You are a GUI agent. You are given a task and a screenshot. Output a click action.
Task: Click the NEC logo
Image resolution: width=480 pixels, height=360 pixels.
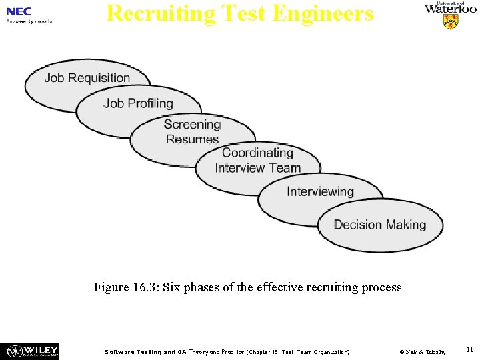coord(19,11)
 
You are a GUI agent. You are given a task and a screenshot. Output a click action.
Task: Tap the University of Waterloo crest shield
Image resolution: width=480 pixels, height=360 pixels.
coord(451,22)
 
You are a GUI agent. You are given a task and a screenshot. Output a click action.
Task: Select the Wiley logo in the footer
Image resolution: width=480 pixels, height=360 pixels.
coord(33,351)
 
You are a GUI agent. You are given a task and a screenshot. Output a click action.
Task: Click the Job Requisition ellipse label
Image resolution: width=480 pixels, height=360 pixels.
coord(87,78)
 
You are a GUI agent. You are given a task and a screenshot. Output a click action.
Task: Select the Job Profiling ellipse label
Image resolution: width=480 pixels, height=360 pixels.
coord(138,103)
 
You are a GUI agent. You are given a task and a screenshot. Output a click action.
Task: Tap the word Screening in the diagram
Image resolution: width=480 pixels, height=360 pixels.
coord(192,125)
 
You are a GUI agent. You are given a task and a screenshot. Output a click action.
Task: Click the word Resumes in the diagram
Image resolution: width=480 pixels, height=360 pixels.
coord(192,139)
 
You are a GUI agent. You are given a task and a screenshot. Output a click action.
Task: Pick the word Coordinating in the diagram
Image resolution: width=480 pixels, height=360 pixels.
coord(257,153)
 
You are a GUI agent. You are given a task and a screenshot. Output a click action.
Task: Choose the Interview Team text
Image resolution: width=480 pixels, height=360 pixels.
coord(257,168)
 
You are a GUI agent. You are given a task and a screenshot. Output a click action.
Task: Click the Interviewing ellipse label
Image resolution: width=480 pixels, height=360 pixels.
coord(320,192)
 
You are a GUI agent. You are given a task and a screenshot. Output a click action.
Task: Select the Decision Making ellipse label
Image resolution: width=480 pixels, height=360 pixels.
coord(379,225)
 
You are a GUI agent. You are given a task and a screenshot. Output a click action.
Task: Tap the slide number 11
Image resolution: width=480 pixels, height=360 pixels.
coord(470,350)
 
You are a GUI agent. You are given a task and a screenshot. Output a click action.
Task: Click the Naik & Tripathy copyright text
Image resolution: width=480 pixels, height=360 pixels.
coord(423,351)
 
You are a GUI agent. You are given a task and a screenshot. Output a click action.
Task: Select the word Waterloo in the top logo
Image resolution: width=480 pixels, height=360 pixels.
coord(451,9)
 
